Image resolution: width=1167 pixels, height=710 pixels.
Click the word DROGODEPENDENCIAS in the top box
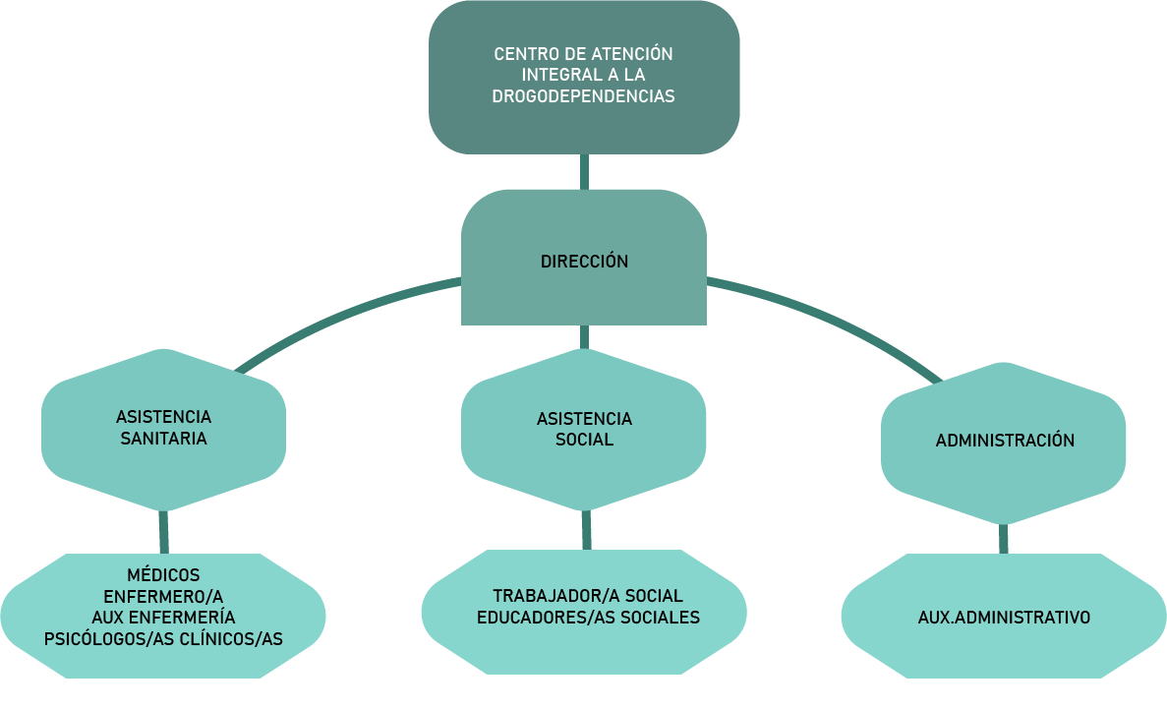click(583, 96)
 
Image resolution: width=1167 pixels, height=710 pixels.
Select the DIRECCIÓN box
click(584, 262)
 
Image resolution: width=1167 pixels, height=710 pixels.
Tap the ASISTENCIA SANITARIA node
click(163, 428)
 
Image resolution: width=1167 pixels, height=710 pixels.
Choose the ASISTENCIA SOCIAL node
click(584, 429)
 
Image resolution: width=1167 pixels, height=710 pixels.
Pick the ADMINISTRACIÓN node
click(1005, 441)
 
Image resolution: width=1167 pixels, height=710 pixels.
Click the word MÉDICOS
click(163, 575)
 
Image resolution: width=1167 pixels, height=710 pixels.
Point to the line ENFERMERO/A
click(163, 596)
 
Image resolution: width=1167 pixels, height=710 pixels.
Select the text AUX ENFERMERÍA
click(163, 617)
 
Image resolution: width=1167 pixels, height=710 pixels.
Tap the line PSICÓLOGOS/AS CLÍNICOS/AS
click(163, 638)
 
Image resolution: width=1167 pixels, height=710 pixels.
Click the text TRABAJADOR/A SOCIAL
click(588, 596)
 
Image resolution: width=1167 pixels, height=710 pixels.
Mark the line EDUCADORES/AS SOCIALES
click(588, 618)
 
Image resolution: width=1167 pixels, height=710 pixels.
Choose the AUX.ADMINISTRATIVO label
click(1004, 618)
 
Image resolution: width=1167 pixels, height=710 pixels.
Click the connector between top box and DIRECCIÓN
click(584, 171)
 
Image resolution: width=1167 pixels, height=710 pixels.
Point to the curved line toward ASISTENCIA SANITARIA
click(344, 315)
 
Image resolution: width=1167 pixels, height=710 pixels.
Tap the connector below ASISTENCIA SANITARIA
click(163, 532)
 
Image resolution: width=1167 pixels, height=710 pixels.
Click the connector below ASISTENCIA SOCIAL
click(586, 530)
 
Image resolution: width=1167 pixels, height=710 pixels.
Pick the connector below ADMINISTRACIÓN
click(1004, 539)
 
